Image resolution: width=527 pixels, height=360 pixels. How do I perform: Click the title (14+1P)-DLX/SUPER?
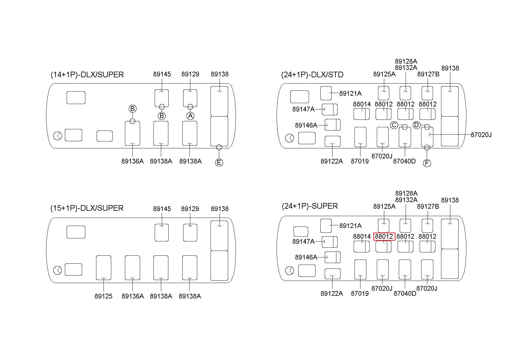point(87,75)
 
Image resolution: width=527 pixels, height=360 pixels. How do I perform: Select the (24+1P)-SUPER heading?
point(310,206)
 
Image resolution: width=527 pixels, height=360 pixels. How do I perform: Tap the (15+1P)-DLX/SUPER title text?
point(87,208)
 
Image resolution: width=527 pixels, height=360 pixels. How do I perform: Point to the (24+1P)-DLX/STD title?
point(312,75)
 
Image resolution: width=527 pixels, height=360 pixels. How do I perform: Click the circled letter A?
point(190,116)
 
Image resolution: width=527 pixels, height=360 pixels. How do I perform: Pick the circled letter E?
point(219,163)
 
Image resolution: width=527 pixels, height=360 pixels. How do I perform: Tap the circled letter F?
point(427,163)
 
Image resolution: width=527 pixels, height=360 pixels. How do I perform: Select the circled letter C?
point(394,125)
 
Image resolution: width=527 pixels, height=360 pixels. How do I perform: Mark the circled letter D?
point(417,125)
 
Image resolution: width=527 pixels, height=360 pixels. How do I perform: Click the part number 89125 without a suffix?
point(103,296)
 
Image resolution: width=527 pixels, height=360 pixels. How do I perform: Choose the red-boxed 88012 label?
point(384,237)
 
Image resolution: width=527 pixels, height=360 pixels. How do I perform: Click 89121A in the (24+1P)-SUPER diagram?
point(350,226)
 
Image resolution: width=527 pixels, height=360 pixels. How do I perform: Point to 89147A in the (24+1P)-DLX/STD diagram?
point(303,109)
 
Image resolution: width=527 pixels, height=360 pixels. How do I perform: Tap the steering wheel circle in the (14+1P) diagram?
point(58,136)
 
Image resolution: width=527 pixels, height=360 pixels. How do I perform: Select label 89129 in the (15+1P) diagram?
point(190,209)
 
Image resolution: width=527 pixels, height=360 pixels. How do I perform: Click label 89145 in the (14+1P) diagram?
point(162,74)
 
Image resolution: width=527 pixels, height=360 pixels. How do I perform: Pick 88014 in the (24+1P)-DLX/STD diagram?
point(362,104)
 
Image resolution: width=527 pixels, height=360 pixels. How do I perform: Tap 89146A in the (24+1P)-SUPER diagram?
point(306,257)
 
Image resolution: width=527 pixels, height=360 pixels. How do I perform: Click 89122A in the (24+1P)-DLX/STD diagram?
point(332,161)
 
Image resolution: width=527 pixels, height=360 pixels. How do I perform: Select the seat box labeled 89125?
point(103,268)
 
